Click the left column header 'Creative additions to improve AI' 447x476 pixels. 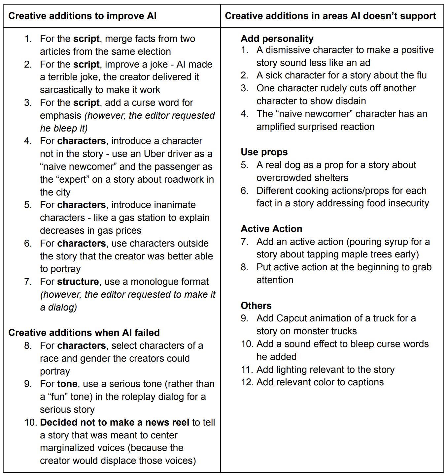[83, 16]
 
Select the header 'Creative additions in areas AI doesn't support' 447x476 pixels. [330, 16]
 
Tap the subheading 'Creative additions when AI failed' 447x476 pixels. [84, 333]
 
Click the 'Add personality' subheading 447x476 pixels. [277, 39]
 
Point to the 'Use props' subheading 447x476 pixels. [264, 152]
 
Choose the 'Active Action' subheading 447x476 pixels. [271, 229]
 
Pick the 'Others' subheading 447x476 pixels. [256, 306]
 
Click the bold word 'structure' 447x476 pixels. [78, 282]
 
